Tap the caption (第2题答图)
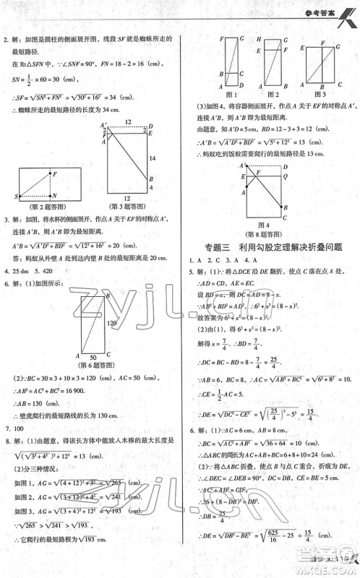(44, 208)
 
